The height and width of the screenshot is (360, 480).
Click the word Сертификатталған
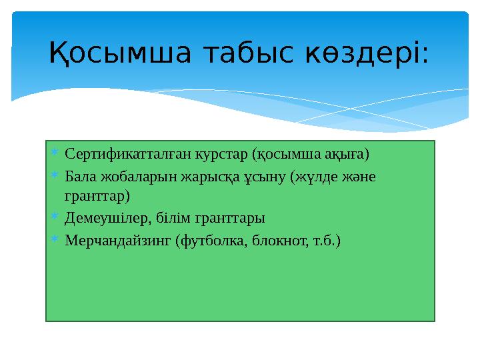(x=127, y=155)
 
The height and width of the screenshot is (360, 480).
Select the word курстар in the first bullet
(x=221, y=155)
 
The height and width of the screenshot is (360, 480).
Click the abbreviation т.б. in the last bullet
(x=322, y=239)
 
